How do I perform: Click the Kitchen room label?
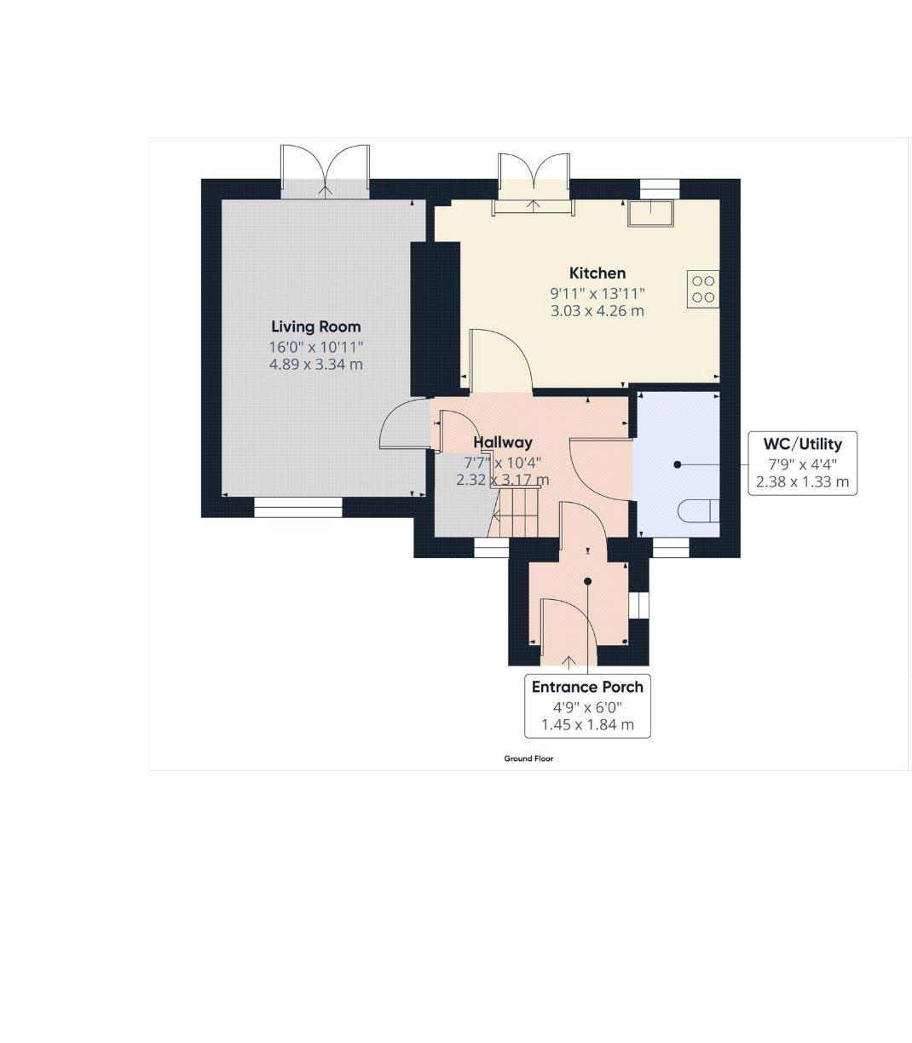point(597,274)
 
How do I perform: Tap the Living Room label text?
point(316,326)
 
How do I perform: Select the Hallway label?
point(503,442)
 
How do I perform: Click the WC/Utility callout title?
point(802,444)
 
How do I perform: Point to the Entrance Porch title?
point(587,687)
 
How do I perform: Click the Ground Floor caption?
point(528,758)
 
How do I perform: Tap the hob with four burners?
point(703,289)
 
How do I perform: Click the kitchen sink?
point(651,212)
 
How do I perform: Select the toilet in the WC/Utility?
point(699,510)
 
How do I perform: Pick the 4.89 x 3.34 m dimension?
point(316,365)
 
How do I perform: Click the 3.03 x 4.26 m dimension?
point(597,311)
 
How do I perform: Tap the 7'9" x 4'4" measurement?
point(803,464)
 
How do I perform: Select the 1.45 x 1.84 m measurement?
point(588,724)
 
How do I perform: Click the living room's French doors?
point(325,172)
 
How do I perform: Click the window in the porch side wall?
point(638,605)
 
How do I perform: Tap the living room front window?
point(298,508)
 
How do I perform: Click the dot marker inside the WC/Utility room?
point(677,464)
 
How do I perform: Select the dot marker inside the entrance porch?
point(587,581)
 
